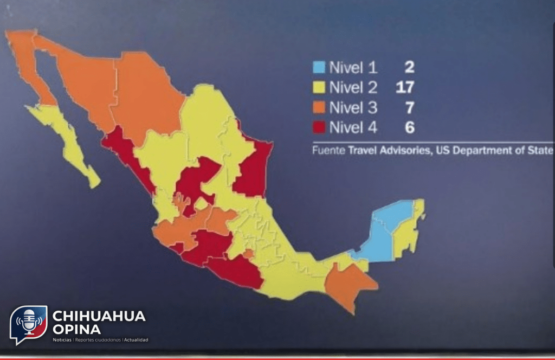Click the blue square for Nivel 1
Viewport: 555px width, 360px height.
pyautogui.click(x=319, y=68)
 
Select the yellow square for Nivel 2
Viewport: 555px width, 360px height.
pyautogui.click(x=319, y=87)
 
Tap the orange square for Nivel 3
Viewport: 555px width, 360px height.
pyautogui.click(x=319, y=107)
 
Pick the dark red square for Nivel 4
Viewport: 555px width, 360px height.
pyautogui.click(x=319, y=127)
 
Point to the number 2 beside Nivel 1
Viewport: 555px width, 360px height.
pyautogui.click(x=409, y=68)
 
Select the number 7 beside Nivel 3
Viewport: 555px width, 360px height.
pyautogui.click(x=409, y=107)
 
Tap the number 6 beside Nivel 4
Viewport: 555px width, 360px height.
pyautogui.click(x=409, y=127)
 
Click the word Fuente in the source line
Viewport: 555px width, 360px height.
pyautogui.click(x=328, y=151)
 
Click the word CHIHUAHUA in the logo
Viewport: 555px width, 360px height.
pyautogui.click(x=99, y=316)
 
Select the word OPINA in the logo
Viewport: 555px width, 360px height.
pyautogui.click(x=76, y=329)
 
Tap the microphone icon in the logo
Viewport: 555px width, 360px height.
pyautogui.click(x=28, y=321)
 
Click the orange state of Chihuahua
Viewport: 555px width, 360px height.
pyautogui.click(x=146, y=98)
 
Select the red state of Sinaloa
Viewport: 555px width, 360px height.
pyautogui.click(x=128, y=157)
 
